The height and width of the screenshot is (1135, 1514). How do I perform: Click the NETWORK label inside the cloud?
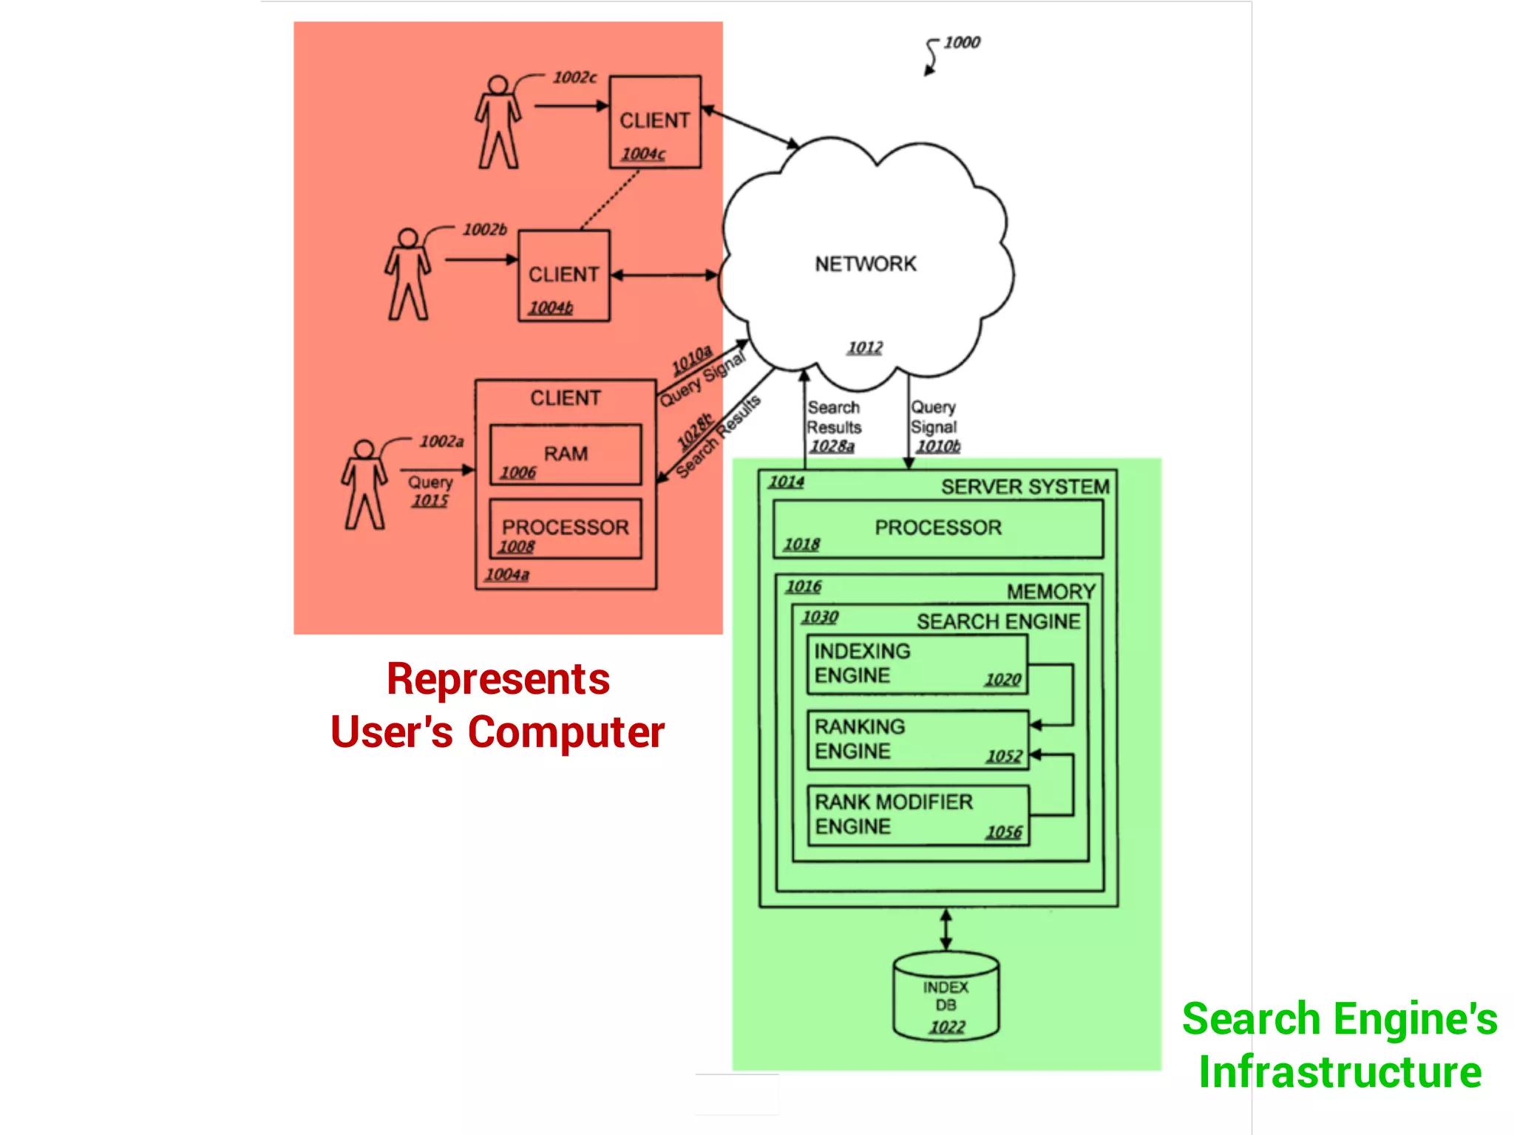pos(865,264)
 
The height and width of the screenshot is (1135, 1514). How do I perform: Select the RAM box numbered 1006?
pos(566,454)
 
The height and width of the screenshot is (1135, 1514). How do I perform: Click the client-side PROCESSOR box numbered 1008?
pos(566,528)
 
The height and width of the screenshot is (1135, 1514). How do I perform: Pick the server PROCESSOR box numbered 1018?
pos(937,528)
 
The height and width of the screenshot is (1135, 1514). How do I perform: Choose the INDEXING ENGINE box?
pos(917,664)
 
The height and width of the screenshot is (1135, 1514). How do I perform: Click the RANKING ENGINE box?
pos(917,740)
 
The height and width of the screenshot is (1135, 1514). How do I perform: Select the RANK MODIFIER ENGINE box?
pos(917,815)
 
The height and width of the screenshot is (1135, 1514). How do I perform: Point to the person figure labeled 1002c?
pos(498,122)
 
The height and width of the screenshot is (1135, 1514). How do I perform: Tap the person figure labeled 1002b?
pos(407,274)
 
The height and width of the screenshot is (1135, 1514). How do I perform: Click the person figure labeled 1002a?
pos(364,485)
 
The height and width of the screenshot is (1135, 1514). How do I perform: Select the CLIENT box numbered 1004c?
pos(655,122)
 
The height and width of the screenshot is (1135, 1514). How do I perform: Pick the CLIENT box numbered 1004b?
pos(564,276)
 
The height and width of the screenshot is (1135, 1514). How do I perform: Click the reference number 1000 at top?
pos(961,42)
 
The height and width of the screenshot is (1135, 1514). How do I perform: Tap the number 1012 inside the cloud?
pos(865,347)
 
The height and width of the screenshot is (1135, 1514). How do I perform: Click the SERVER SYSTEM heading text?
pos(1025,487)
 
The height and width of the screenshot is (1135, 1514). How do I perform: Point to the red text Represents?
pos(498,679)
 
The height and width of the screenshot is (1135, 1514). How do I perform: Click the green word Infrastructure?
pos(1340,1071)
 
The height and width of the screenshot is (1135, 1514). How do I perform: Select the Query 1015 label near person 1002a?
pos(430,491)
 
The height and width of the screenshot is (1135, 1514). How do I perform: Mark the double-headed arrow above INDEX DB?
pos(946,930)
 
